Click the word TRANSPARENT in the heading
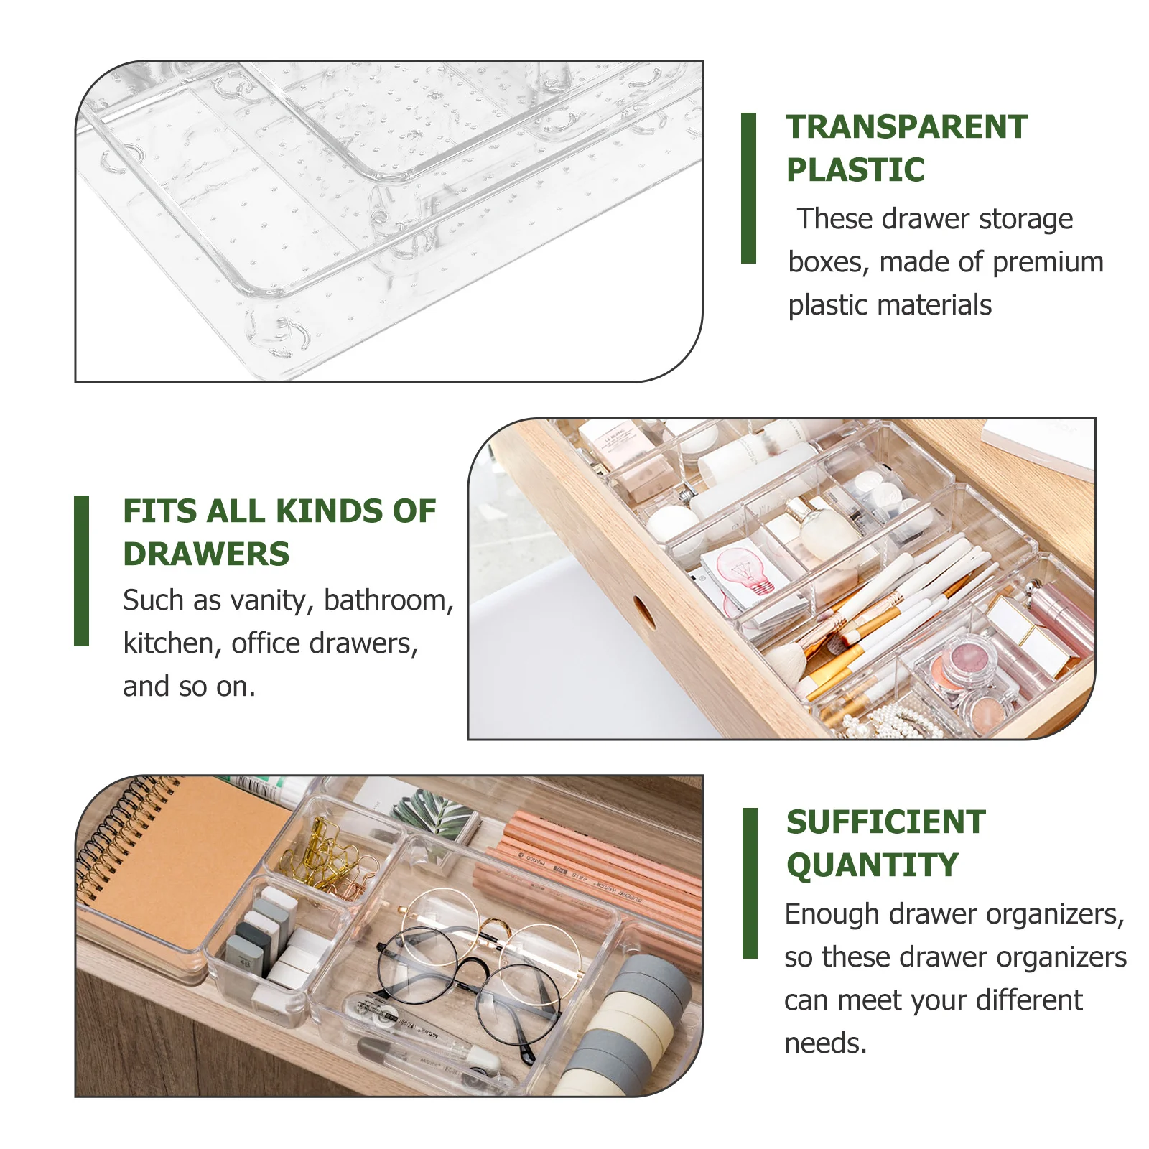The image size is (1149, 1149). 906,127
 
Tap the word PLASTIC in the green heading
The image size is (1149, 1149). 855,170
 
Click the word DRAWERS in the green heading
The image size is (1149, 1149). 206,554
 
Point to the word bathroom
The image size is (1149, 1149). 389,600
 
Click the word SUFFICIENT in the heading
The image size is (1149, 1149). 885,822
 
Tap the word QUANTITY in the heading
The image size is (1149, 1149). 872,865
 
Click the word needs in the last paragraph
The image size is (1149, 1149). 824,1043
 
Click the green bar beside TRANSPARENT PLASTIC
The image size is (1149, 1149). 748,188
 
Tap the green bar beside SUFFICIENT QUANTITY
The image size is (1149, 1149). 750,883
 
